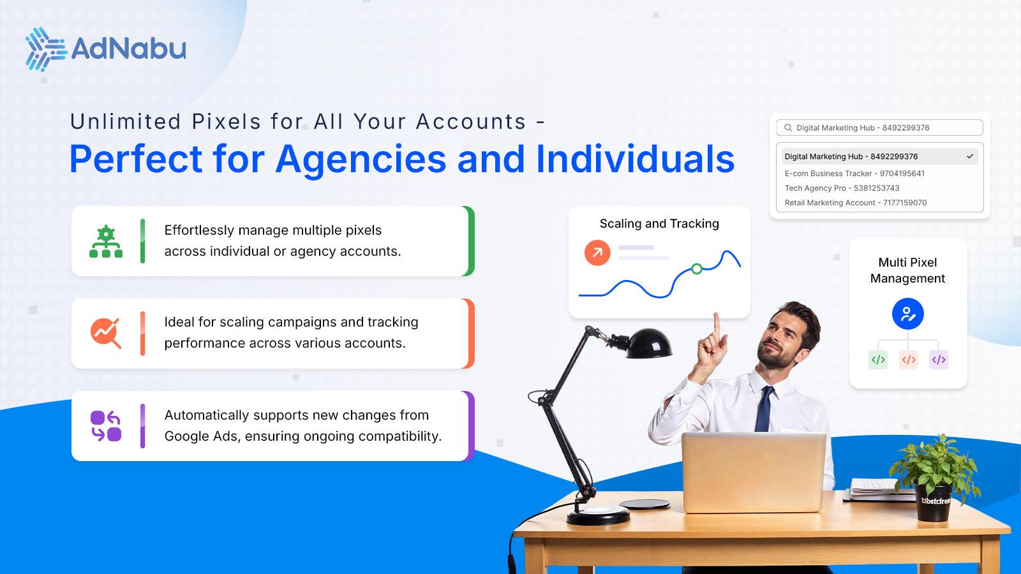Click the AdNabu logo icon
(45, 49)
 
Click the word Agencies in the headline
(361, 159)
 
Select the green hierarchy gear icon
(106, 242)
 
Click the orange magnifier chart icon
(106, 333)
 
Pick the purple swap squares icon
(106, 426)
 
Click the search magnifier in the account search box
(788, 128)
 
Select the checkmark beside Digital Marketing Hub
(970, 156)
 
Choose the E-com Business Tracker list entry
(854, 173)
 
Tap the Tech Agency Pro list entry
(842, 188)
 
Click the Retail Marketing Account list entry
(855, 203)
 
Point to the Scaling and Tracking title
(659, 224)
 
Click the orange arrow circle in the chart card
(597, 253)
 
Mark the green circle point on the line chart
(697, 269)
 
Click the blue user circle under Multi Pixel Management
(907, 314)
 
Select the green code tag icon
(878, 360)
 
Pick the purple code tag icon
(938, 360)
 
